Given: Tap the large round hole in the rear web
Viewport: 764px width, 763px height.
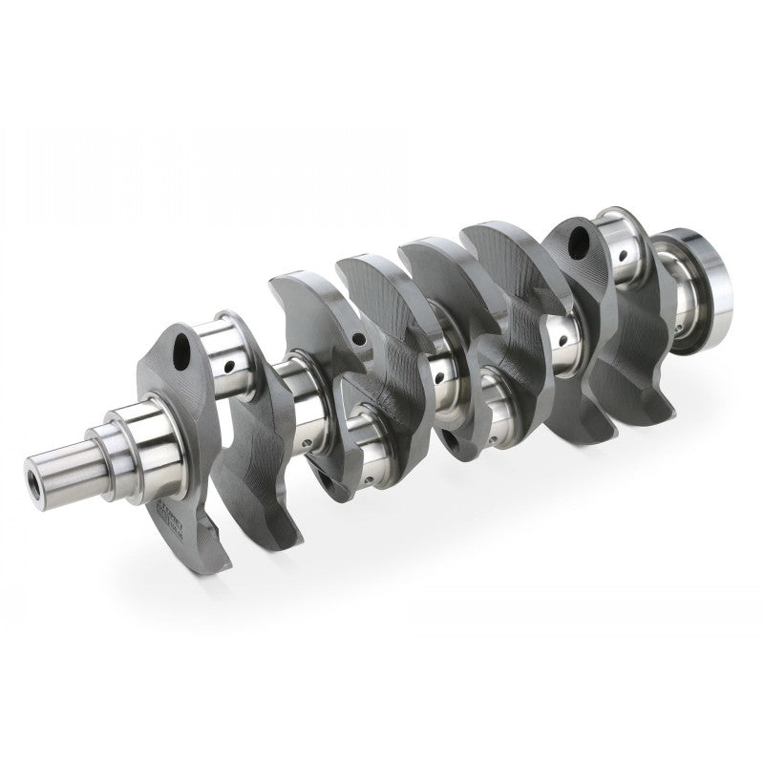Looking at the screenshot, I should pos(580,241).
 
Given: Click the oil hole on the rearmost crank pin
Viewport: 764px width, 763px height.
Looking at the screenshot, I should pos(622,256).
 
